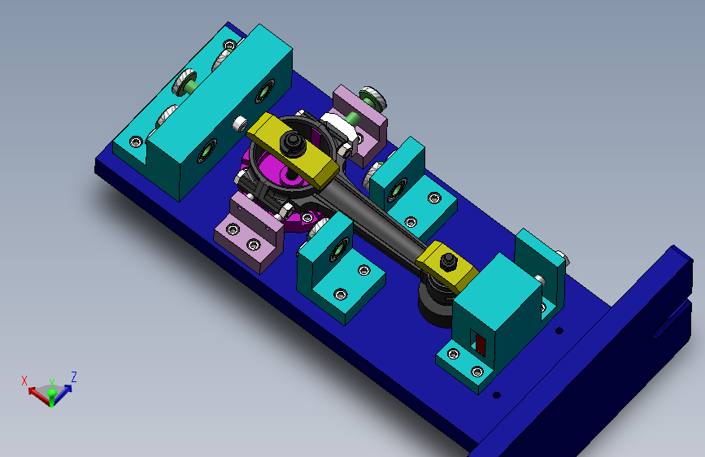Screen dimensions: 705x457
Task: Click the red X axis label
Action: pos(24,381)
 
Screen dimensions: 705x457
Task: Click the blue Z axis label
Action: pos(74,377)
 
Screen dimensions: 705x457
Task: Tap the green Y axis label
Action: pos(52,383)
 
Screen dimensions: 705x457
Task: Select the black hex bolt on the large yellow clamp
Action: pos(293,144)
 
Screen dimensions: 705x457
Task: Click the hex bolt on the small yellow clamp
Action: pos(448,261)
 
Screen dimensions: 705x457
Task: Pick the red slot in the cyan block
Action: pos(481,345)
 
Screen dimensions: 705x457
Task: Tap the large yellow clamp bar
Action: pos(292,150)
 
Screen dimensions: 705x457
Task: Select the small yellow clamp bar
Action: pos(447,266)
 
